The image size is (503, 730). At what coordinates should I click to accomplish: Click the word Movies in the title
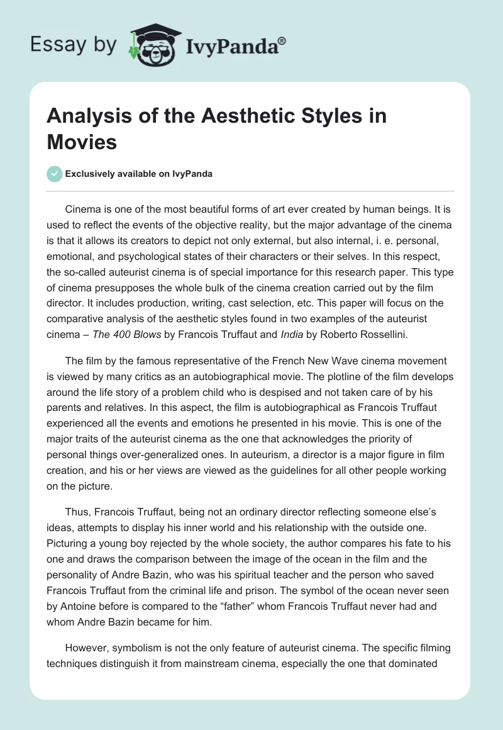[x=82, y=142]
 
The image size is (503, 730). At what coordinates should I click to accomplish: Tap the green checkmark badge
[x=55, y=174]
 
